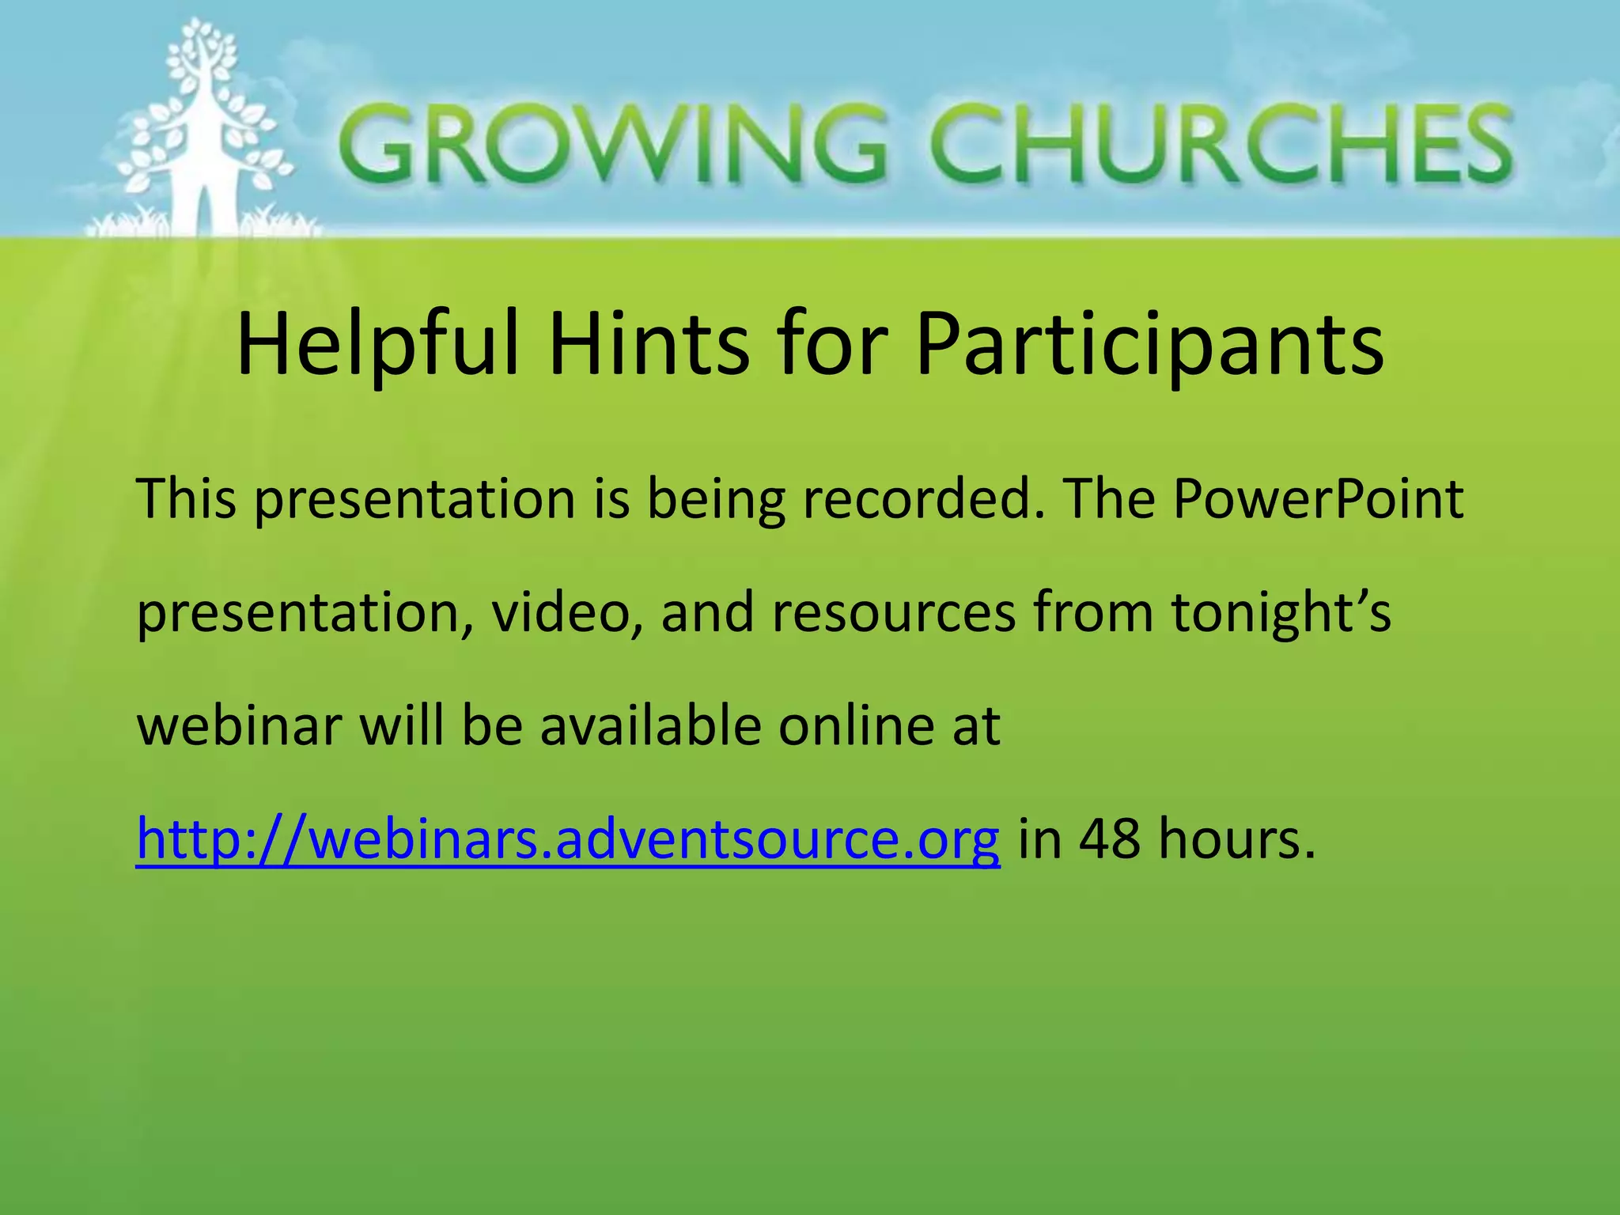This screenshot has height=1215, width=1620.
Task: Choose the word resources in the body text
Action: (894, 613)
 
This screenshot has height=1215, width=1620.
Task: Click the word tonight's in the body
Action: (1281, 613)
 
